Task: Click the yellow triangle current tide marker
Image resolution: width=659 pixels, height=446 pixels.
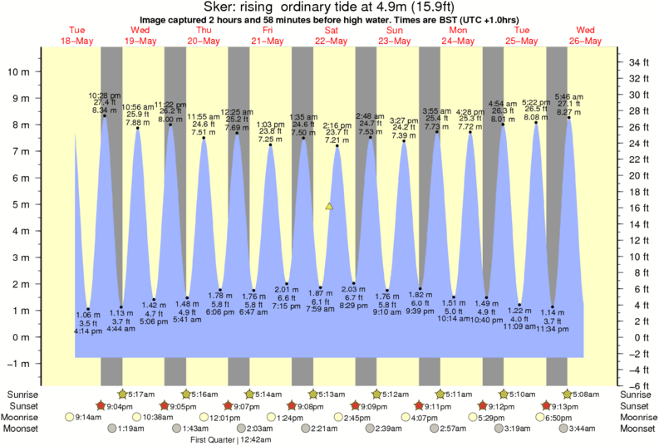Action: pos(329,205)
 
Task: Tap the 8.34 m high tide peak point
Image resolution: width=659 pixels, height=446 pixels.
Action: pos(105,115)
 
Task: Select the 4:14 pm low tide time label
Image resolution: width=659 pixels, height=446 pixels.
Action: pos(89,331)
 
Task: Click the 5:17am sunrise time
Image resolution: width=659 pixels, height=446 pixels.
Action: pos(145,394)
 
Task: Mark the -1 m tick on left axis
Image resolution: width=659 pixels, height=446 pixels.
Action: pos(19,364)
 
